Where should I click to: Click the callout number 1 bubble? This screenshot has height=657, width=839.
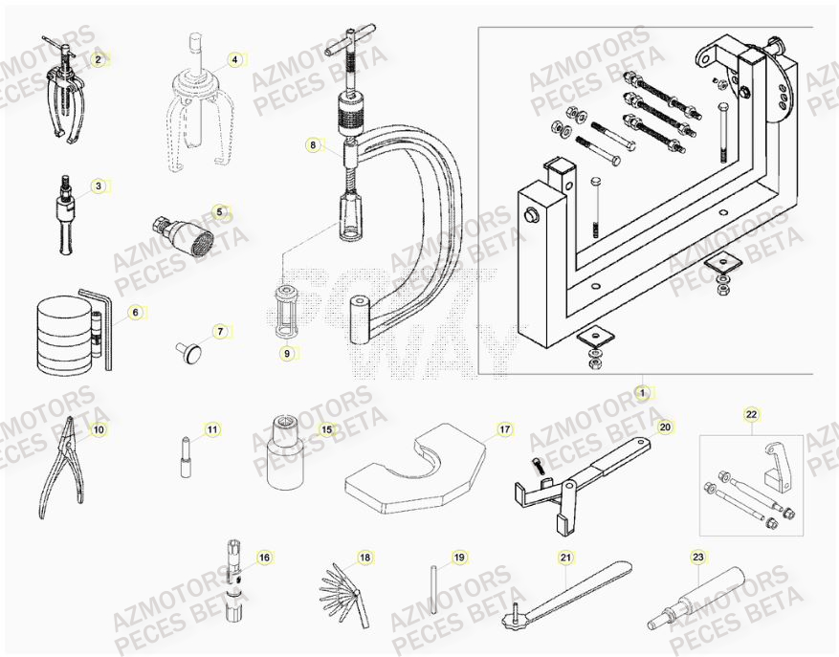point(643,392)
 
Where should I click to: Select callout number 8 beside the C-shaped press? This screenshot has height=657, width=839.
point(312,145)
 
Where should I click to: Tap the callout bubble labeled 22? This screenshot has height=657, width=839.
point(751,414)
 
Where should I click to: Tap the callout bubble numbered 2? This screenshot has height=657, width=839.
point(97,59)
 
